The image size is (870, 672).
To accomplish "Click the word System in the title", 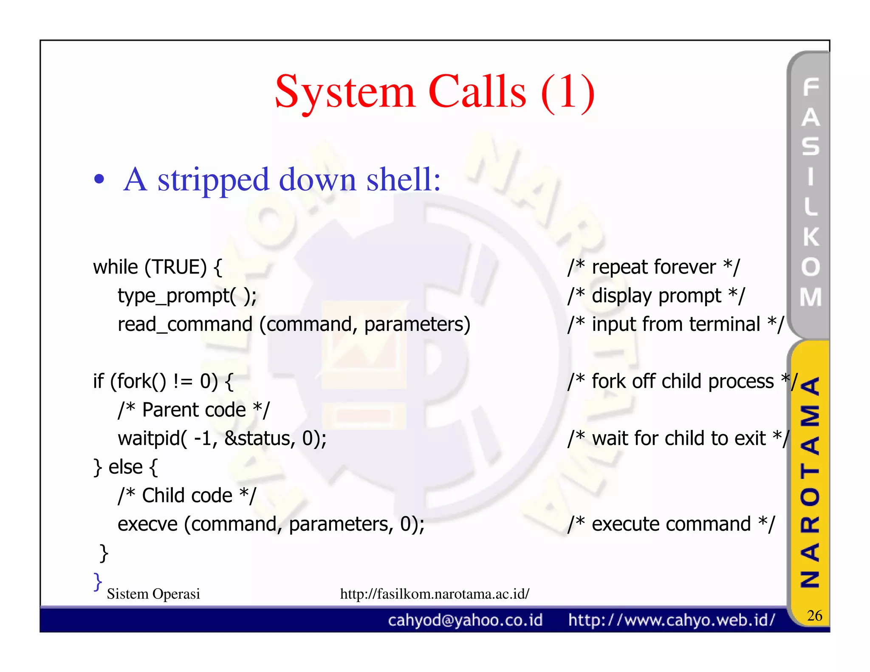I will pyautogui.click(x=345, y=93).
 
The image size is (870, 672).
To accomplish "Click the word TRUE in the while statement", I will pyautogui.click(x=175, y=267).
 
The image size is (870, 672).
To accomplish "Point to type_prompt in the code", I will pyautogui.click(x=173, y=296).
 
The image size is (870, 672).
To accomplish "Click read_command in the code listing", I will pyautogui.click(x=185, y=325).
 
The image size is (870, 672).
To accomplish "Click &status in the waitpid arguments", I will pyautogui.click(x=259, y=438).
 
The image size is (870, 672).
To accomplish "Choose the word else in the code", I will pyautogui.click(x=125, y=467).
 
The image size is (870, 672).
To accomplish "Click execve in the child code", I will pyautogui.click(x=147, y=524).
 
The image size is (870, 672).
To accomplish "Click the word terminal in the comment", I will pyautogui.click(x=724, y=325).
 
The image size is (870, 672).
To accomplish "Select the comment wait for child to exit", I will pyautogui.click(x=678, y=438).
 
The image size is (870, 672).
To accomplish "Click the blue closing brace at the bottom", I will pyautogui.click(x=98, y=582).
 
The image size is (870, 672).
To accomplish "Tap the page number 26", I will pyautogui.click(x=814, y=616).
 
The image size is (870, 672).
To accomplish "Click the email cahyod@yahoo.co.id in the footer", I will pyautogui.click(x=465, y=620).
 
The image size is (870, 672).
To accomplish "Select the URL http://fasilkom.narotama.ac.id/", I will pyautogui.click(x=434, y=594).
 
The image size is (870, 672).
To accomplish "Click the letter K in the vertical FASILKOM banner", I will pyautogui.click(x=811, y=237).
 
